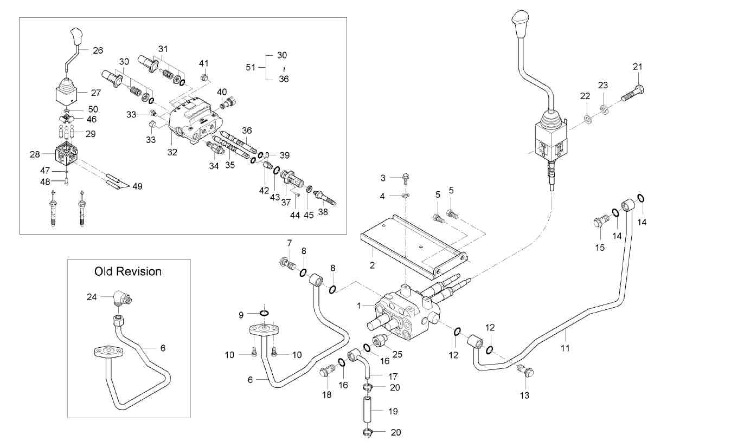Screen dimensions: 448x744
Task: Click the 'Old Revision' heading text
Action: [128, 271]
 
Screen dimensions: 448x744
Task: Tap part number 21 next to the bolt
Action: [637, 67]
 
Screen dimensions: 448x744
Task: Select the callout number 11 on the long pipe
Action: [565, 348]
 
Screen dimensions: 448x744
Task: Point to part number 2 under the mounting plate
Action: [372, 265]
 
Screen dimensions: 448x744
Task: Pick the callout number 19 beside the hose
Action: [393, 411]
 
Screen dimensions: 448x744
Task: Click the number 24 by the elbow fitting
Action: [92, 296]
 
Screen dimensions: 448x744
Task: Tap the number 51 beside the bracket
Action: [251, 67]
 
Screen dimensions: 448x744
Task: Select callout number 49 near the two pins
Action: [137, 186]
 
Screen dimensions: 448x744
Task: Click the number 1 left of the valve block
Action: [358, 306]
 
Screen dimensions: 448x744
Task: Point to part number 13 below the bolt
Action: [524, 395]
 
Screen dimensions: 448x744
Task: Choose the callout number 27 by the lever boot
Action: [96, 93]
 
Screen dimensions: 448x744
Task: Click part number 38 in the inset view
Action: [323, 212]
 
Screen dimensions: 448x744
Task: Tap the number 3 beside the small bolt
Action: [382, 178]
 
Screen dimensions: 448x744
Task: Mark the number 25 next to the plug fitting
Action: [397, 354]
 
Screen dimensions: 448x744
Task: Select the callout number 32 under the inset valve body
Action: [172, 152]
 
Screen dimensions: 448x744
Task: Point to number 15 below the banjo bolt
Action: [600, 248]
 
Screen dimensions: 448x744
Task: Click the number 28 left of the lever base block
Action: [35, 154]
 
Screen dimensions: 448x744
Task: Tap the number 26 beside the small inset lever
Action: [98, 50]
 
